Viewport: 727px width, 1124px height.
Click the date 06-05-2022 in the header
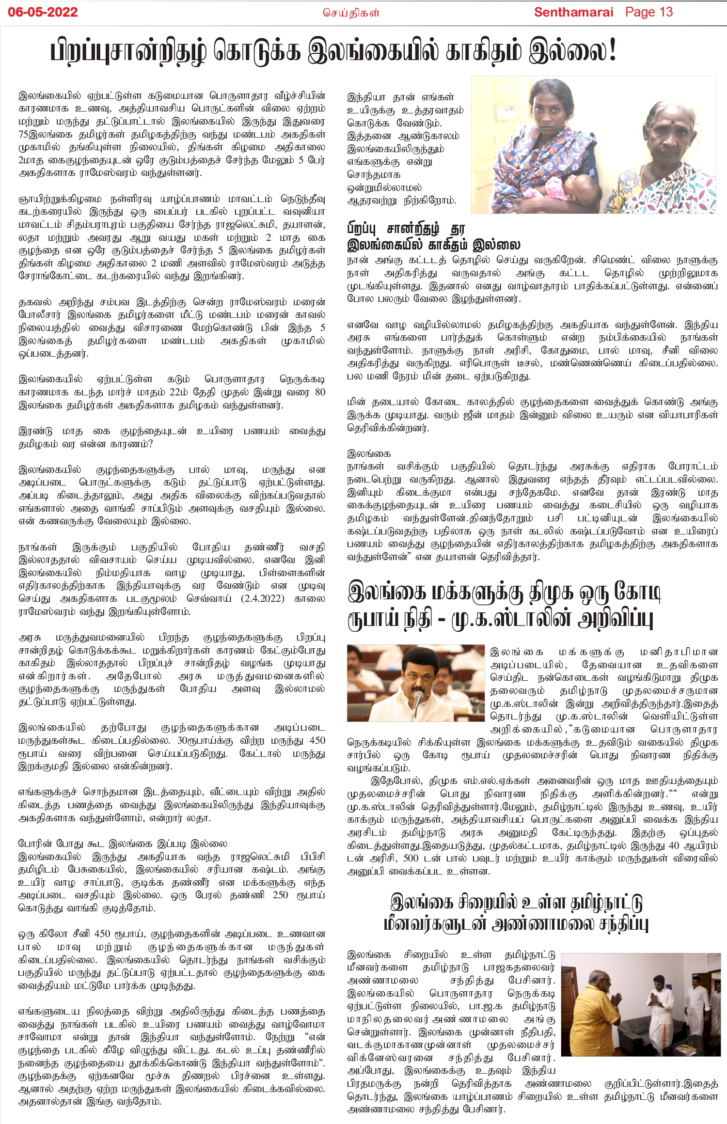(43, 12)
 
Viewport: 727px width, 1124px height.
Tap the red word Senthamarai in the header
(573, 12)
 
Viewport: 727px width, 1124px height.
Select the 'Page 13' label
(649, 12)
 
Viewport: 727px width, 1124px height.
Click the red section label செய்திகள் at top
(351, 13)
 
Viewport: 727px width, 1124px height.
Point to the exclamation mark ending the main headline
(612, 50)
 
